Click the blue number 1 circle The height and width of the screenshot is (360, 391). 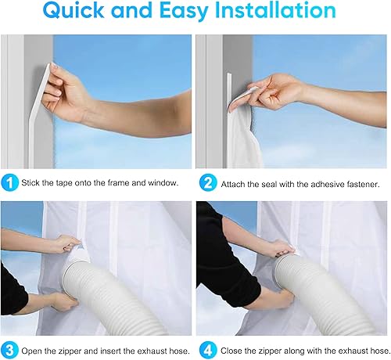coord(9,182)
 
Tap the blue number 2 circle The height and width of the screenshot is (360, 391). coord(208,182)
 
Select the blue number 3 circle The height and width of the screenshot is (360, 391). coord(9,350)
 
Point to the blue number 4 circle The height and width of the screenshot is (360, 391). coord(208,350)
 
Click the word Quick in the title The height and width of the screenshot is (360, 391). coord(74,10)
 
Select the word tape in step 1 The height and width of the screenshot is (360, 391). coord(64,183)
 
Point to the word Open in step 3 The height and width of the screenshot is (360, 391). coord(31,351)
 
